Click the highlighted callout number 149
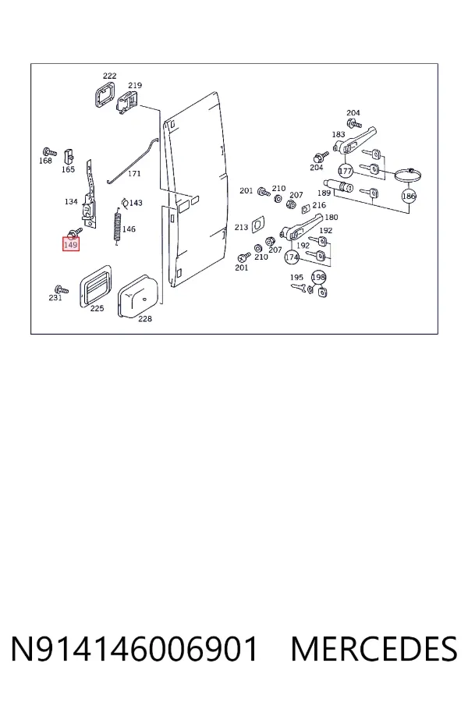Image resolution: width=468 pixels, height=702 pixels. (71, 245)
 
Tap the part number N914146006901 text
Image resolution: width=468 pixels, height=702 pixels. (135, 649)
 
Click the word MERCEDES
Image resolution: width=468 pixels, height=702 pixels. (374, 649)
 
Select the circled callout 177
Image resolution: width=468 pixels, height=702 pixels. (346, 171)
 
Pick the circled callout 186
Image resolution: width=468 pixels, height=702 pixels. (409, 196)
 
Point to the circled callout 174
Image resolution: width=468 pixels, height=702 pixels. (292, 257)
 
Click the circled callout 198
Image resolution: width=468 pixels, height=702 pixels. (318, 278)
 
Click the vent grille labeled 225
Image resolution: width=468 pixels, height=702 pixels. (95, 285)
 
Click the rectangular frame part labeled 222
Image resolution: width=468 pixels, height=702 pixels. (104, 94)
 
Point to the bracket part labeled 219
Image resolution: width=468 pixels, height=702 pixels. (128, 102)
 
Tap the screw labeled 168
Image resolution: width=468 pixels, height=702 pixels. (49, 152)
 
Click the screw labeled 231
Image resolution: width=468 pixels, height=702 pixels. (62, 289)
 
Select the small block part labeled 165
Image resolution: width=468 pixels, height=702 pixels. (68, 156)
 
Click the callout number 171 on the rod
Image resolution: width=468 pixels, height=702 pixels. (134, 174)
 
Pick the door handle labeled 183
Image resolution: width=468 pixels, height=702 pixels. (355, 140)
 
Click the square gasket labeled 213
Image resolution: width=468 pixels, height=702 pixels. (257, 225)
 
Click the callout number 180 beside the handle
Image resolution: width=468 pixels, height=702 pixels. (331, 218)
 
